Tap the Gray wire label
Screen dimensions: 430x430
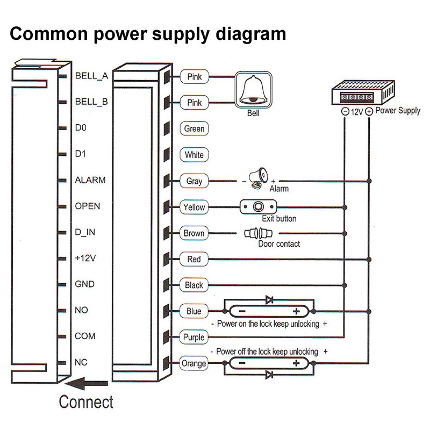click(194, 181)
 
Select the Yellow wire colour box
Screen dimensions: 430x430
click(194, 207)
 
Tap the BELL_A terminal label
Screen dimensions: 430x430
click(92, 76)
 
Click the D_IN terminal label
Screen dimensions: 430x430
click(85, 232)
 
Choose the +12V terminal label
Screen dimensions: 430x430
click(85, 258)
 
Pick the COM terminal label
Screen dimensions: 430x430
click(85, 336)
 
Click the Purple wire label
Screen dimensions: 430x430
click(194, 338)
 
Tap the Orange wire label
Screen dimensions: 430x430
click(194, 364)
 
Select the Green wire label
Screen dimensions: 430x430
click(194, 129)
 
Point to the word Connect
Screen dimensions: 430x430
click(86, 402)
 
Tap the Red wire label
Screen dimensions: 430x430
click(194, 259)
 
